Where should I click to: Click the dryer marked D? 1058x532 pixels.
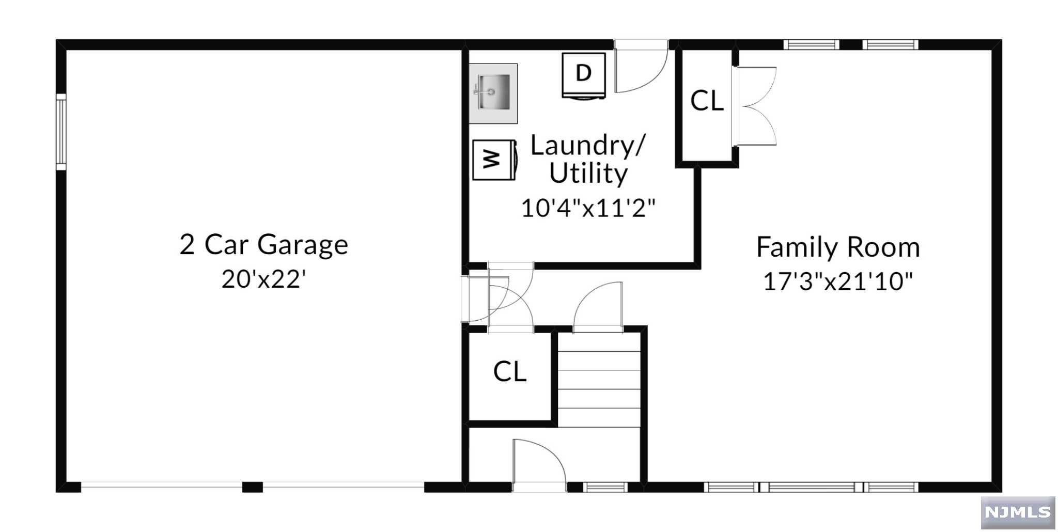tap(584, 75)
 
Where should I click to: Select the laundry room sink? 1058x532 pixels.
tap(493, 93)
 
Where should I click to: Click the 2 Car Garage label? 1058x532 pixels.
tap(263, 244)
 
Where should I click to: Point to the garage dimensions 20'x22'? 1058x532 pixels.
tap(263, 279)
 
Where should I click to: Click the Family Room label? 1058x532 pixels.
tap(838, 247)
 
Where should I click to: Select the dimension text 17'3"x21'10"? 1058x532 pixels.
tap(838, 281)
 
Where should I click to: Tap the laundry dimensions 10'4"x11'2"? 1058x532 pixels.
tap(588, 208)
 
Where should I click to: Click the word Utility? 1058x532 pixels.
tap(588, 173)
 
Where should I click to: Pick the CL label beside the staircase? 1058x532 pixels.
tap(509, 371)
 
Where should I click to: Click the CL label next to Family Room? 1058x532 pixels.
tap(707, 101)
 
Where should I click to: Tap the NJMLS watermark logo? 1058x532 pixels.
tap(1018, 512)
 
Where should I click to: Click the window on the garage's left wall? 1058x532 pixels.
tap(61, 132)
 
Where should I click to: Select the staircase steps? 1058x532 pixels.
tap(599, 380)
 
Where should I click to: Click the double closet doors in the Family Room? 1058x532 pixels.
tap(755, 106)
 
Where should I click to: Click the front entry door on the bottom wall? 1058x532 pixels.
tap(539, 465)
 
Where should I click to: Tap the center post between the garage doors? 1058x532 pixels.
tap(253, 487)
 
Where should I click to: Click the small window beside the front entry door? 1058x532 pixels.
tap(605, 487)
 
